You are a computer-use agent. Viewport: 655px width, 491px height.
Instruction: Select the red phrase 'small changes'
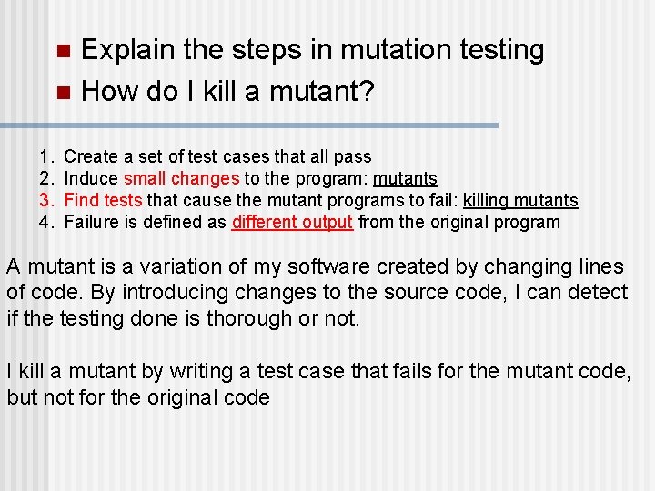(x=182, y=179)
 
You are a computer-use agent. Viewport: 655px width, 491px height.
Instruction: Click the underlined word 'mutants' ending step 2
(x=405, y=179)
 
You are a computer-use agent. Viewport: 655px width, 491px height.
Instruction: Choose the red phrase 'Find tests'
(x=104, y=201)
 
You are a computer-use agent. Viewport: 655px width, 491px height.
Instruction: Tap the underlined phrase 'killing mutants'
(x=520, y=201)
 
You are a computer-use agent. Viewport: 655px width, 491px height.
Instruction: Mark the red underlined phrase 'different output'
(x=292, y=223)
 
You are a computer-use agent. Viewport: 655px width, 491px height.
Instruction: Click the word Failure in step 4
(x=94, y=223)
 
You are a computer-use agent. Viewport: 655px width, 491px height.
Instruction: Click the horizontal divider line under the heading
(x=249, y=125)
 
